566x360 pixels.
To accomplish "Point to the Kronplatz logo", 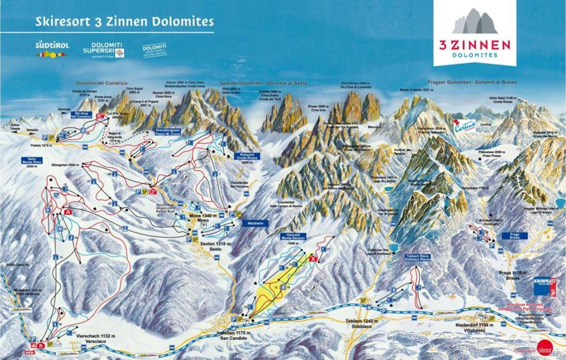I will (545, 279).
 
